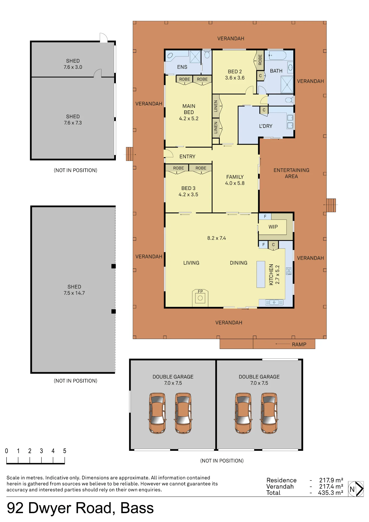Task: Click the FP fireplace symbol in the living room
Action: click(200, 298)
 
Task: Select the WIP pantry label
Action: click(273, 227)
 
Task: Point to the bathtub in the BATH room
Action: click(277, 55)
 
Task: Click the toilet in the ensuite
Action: click(207, 54)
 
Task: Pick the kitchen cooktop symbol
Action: click(289, 271)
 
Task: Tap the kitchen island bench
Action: click(261, 274)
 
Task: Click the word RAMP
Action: click(299, 345)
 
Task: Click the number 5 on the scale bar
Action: click(64, 451)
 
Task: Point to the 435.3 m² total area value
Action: click(330, 493)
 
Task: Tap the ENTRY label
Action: click(187, 157)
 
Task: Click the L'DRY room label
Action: click(266, 126)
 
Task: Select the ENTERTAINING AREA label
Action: click(291, 173)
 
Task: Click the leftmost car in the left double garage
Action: click(157, 413)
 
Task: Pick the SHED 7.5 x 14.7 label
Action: click(74, 290)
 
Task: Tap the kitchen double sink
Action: click(274, 302)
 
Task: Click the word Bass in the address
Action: click(137, 508)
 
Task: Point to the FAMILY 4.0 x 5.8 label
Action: click(235, 180)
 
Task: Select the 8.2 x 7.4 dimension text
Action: click(217, 238)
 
